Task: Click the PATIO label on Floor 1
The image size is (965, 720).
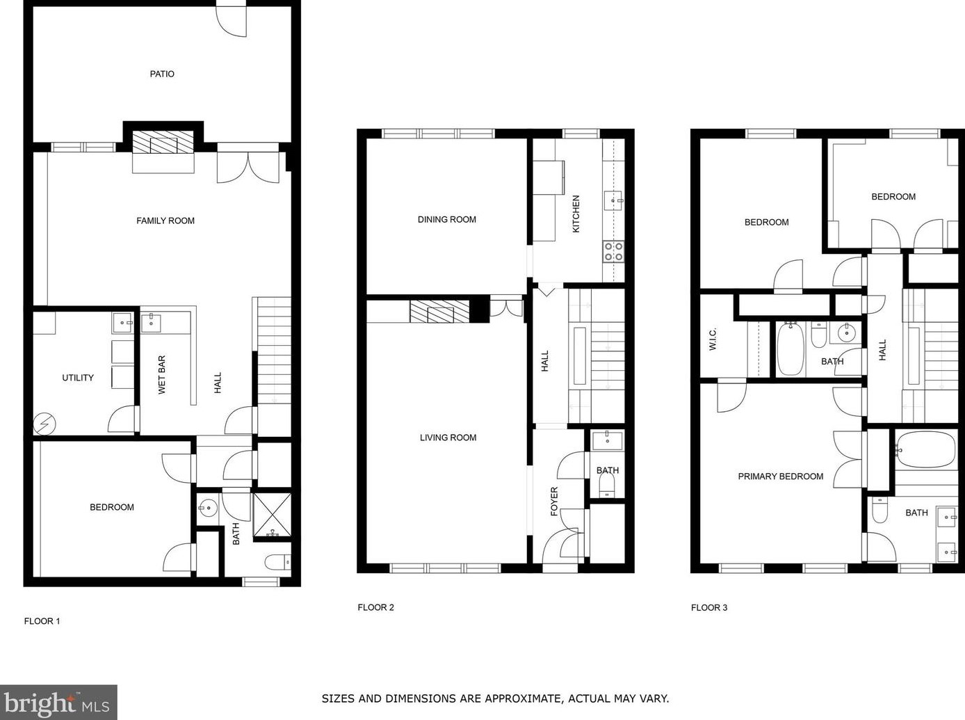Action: [x=162, y=74]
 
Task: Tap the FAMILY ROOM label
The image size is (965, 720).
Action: [x=165, y=221]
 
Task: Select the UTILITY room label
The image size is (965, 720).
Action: [x=78, y=378]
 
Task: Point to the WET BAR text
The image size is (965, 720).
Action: [x=162, y=375]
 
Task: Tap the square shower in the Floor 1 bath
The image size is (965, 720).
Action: [x=272, y=516]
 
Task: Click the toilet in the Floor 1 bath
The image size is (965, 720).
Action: [x=278, y=561]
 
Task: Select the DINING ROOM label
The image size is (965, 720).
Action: [x=447, y=219]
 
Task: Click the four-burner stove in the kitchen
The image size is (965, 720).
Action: [x=613, y=251]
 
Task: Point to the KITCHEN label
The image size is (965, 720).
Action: [x=576, y=214]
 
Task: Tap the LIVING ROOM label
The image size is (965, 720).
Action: [x=448, y=438]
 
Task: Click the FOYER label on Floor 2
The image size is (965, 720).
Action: [x=554, y=501]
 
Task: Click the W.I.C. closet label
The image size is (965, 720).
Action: [x=713, y=339]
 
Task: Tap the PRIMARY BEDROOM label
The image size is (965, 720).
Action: [x=780, y=477]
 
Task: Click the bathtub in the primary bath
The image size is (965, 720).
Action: [x=925, y=450]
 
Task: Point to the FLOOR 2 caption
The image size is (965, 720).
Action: [x=376, y=607]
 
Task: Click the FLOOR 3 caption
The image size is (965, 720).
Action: [x=709, y=607]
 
